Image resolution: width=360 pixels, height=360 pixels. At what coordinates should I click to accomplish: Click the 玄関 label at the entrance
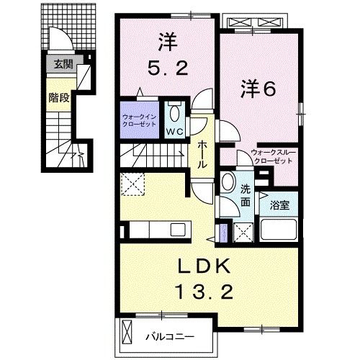[60, 63]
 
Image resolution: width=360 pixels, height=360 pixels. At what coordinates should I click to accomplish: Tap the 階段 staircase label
[59, 98]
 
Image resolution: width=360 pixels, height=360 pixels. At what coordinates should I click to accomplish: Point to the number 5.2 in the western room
[168, 69]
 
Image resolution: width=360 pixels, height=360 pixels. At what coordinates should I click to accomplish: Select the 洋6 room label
[256, 91]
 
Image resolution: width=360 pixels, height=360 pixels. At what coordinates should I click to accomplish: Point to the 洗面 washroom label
[246, 197]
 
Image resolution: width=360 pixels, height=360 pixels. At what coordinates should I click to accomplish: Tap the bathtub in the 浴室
[278, 231]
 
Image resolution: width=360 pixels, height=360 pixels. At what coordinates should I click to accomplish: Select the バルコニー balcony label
[169, 336]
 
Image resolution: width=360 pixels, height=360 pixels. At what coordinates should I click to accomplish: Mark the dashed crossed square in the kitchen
[132, 184]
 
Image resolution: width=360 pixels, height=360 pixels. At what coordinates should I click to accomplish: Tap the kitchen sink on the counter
[178, 231]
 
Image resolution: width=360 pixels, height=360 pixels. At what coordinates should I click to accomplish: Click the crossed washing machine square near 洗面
[243, 232]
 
